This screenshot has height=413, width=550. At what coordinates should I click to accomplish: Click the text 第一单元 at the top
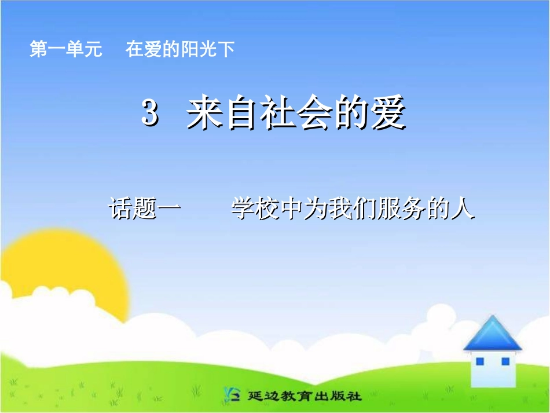click(65, 50)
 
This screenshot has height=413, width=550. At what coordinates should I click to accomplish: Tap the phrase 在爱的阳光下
click(180, 50)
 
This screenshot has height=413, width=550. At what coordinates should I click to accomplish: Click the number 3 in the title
click(149, 114)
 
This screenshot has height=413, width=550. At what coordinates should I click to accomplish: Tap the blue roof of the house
click(492, 334)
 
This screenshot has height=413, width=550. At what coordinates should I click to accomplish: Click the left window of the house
click(480, 362)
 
